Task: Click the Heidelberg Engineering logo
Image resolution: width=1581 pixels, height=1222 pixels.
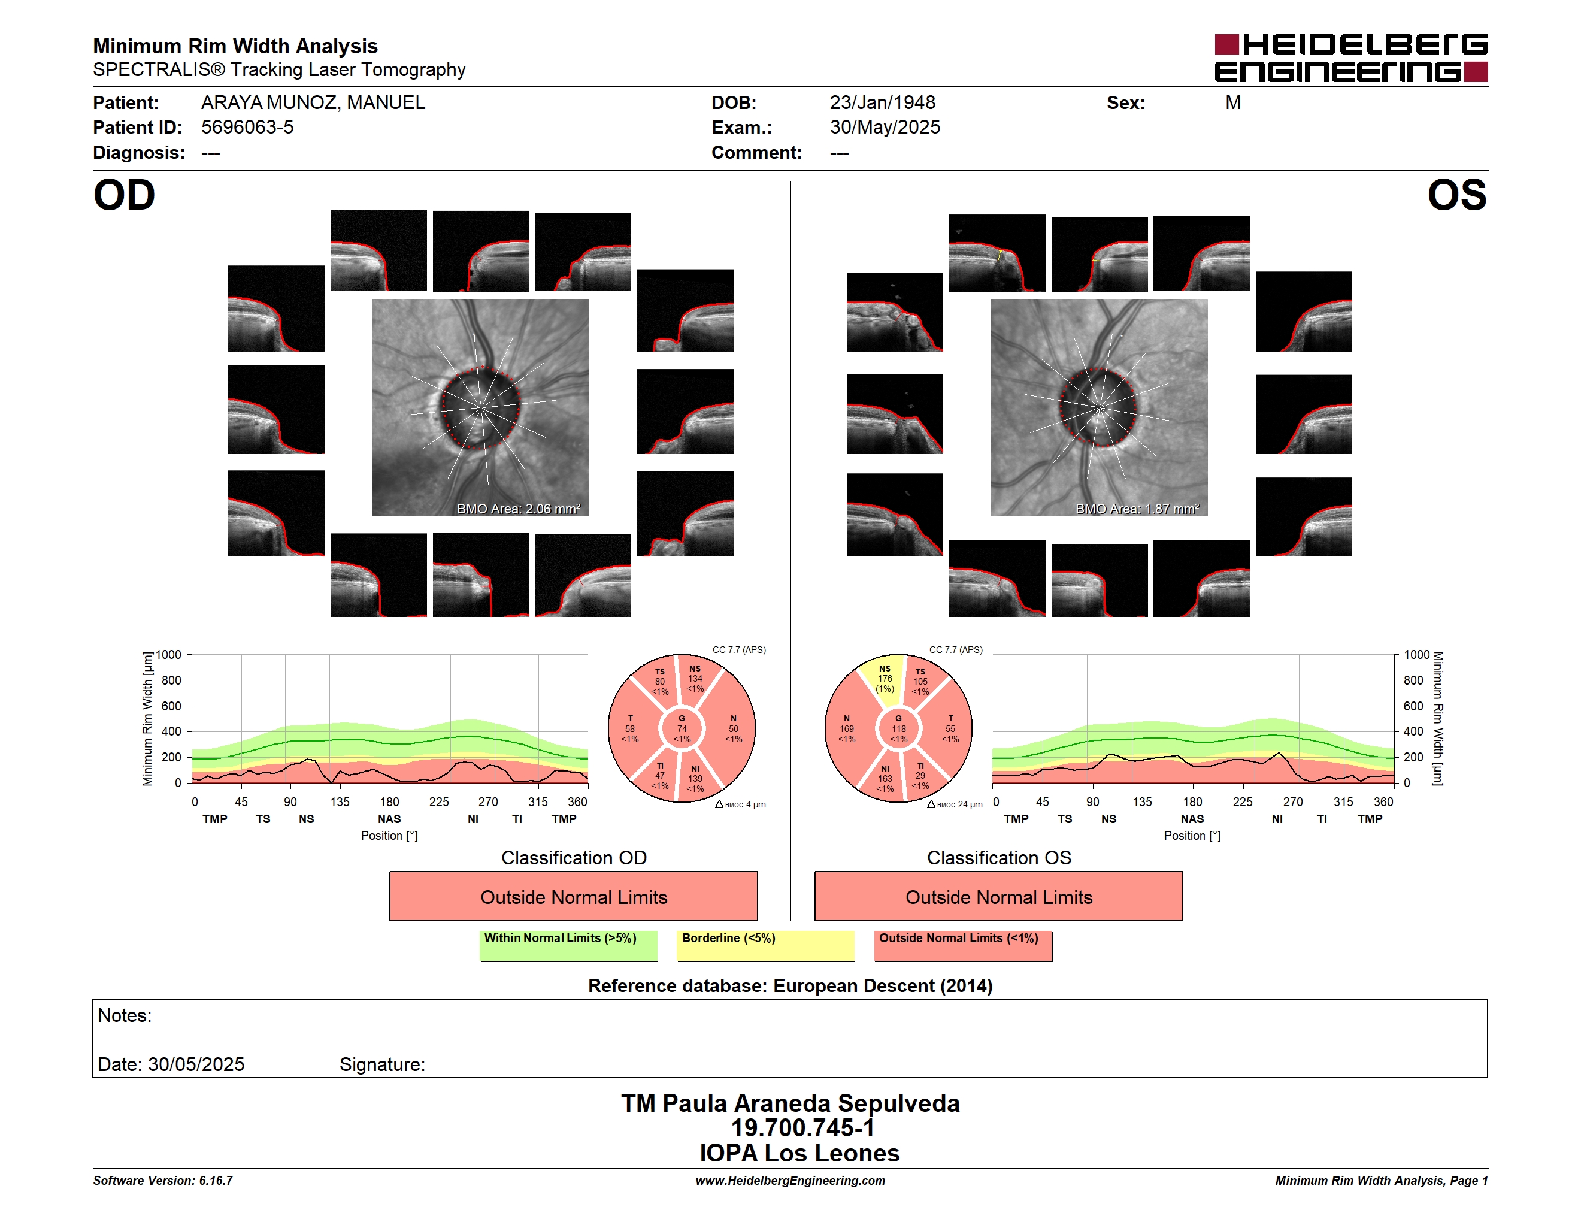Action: (x=1351, y=58)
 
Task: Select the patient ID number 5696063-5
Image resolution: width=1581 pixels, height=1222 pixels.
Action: (x=247, y=128)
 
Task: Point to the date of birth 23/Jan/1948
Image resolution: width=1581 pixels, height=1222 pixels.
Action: (x=883, y=103)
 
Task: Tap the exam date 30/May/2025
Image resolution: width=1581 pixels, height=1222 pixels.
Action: (x=885, y=128)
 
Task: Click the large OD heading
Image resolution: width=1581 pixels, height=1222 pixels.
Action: (x=124, y=195)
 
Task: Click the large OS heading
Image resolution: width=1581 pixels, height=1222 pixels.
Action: (x=1456, y=195)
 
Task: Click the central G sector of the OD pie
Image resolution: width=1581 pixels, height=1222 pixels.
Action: (x=682, y=729)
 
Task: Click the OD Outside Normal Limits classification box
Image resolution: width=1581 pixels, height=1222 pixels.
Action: (x=573, y=896)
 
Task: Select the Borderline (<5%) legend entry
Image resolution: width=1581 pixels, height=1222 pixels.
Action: (x=765, y=945)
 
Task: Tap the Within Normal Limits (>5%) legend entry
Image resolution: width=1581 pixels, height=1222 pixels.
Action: (x=568, y=945)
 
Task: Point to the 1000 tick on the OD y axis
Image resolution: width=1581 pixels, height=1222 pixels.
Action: (x=169, y=655)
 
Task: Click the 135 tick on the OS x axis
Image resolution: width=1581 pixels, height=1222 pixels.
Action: (x=1142, y=802)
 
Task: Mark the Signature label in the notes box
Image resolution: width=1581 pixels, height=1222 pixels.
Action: (x=382, y=1064)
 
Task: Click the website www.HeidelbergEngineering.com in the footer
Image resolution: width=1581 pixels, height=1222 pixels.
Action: (x=790, y=1181)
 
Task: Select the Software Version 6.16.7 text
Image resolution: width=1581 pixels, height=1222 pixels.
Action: (x=163, y=1181)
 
